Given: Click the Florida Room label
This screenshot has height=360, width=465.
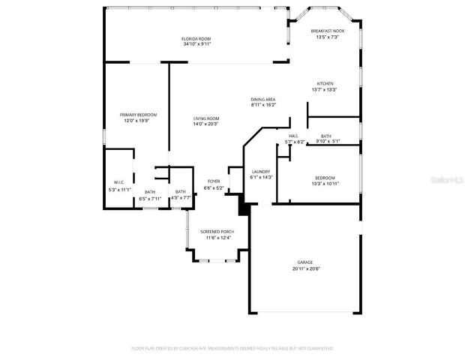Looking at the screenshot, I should pos(196,38).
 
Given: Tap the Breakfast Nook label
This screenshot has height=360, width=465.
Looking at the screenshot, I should pos(328,31).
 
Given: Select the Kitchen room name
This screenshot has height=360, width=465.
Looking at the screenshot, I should pos(325,83).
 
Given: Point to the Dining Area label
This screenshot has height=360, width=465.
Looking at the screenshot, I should pos(263,99).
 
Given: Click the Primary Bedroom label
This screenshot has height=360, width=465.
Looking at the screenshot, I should pos(138,115).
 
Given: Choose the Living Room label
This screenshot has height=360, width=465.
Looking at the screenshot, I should pos(206,118).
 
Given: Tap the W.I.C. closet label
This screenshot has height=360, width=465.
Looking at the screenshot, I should pos(118,182).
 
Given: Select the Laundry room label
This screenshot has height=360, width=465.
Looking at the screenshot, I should pos(260,171).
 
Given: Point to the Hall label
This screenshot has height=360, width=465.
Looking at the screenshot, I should pos(293,136).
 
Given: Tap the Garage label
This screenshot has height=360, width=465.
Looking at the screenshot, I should pos(305,262).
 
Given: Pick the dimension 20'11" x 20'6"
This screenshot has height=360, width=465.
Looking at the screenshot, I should pos(305,268).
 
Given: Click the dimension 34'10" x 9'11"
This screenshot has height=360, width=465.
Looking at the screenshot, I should pos(196,44).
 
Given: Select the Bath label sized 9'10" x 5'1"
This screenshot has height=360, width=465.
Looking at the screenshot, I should pos(326,136).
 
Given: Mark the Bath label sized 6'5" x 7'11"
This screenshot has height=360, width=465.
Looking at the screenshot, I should pos(150,193).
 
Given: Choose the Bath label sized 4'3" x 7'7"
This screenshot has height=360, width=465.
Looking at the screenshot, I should pos(180,193).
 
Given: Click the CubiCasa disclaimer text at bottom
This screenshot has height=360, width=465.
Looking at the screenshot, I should pos(232,348).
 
